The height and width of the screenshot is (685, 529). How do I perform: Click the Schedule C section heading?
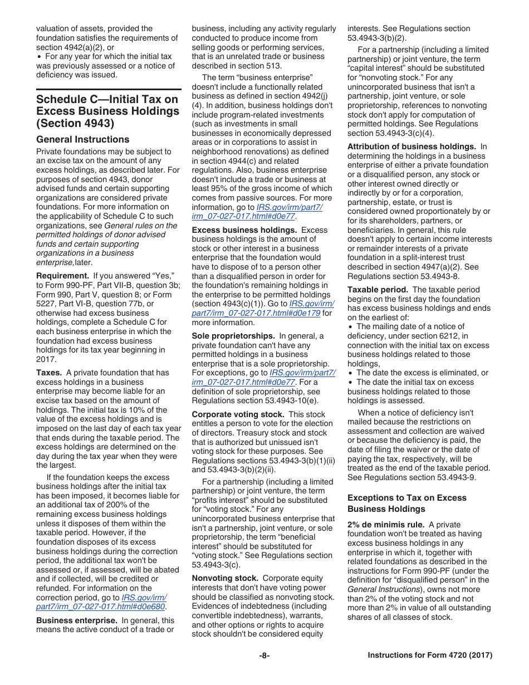click(x=107, y=111)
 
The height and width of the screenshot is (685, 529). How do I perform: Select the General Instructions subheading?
click(x=82, y=139)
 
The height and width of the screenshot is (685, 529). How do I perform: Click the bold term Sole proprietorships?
click(x=233, y=336)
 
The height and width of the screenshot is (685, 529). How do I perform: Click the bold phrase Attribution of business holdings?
click(x=412, y=146)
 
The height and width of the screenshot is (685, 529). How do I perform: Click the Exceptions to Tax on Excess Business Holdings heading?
click(x=407, y=503)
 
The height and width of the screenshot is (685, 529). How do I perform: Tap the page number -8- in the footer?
click(x=264, y=655)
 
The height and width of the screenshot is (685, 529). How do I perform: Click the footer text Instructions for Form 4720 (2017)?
click(x=430, y=655)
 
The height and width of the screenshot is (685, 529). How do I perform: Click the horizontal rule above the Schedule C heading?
click(x=109, y=89)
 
